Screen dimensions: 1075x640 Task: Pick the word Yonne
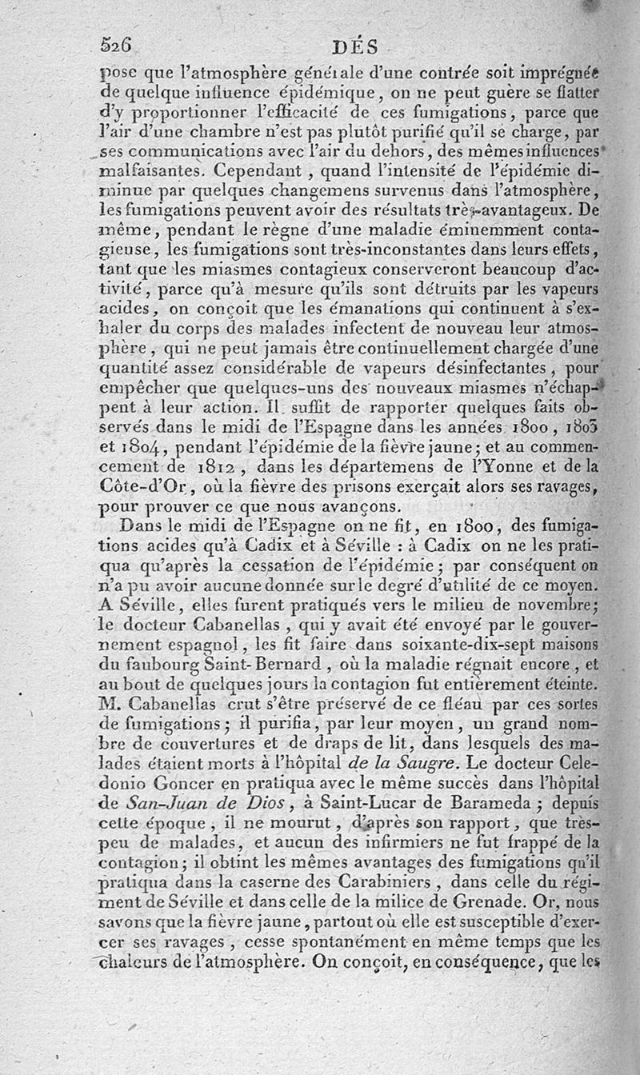click(521, 466)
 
